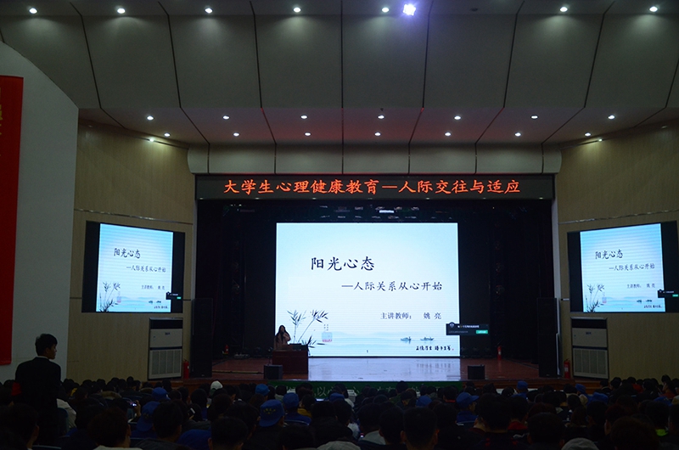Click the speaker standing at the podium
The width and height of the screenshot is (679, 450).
tap(282, 337)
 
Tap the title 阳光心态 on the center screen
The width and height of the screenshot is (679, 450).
tap(342, 263)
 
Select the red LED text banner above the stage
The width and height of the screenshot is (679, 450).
tap(373, 186)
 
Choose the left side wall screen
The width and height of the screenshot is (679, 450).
tap(134, 267)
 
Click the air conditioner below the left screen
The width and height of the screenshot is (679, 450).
tap(166, 348)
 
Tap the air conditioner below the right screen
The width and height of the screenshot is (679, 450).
tap(589, 348)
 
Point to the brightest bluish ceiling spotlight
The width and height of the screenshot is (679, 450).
tap(409, 9)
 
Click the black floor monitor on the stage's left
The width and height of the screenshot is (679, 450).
tap(272, 371)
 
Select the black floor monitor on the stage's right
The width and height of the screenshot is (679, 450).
tap(475, 371)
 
